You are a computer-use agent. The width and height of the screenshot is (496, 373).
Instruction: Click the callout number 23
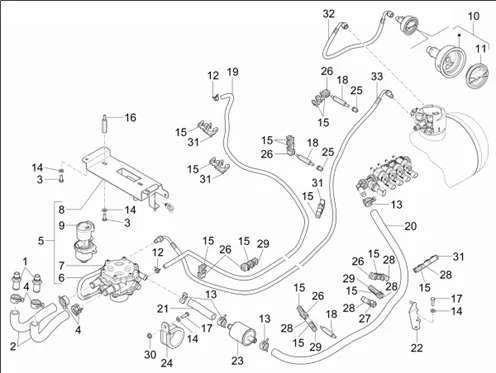click(237, 360)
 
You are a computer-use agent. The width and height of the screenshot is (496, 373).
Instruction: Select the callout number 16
click(130, 117)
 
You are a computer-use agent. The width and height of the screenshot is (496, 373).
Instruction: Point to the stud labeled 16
click(104, 123)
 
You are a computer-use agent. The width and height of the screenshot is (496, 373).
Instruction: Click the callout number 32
click(328, 14)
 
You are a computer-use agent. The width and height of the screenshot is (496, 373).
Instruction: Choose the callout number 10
click(474, 16)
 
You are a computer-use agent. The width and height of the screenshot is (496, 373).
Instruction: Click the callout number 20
click(410, 226)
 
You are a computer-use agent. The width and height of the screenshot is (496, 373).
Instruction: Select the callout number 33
click(377, 76)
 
